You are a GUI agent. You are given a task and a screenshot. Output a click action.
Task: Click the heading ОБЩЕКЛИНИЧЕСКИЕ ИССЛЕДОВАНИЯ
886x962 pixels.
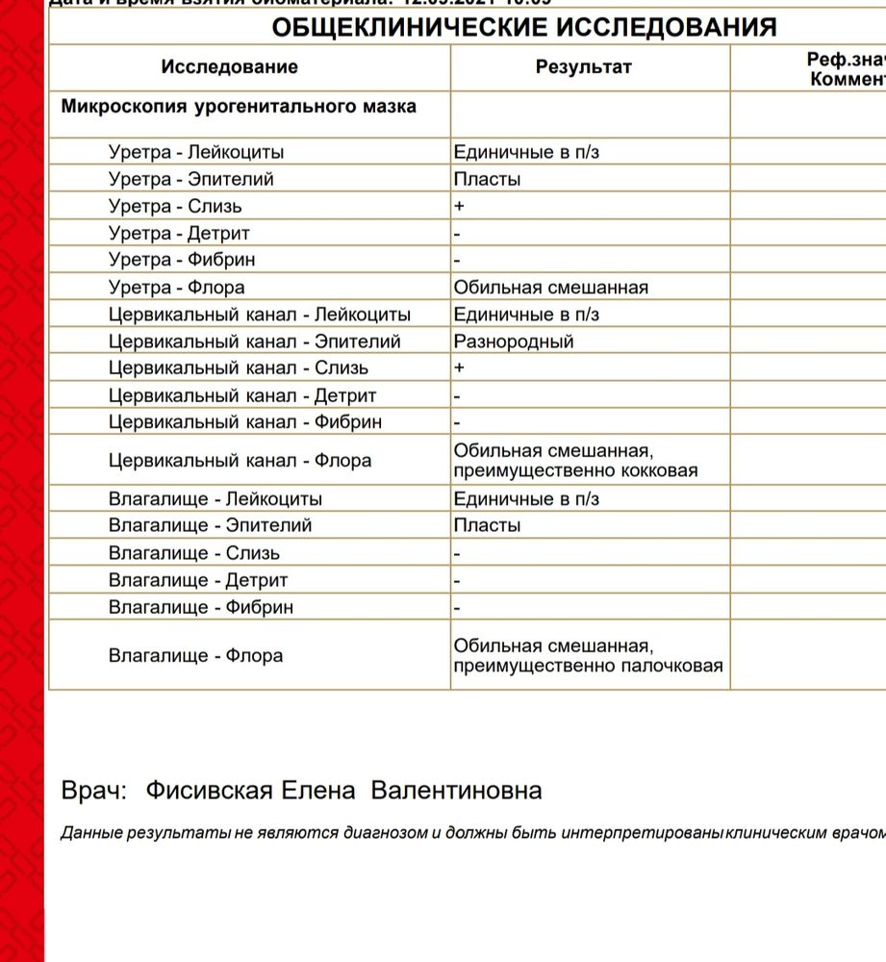coord(524,27)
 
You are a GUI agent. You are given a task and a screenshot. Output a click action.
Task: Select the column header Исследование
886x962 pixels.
coord(229,67)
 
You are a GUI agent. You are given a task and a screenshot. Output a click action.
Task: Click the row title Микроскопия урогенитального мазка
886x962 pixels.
coord(239,106)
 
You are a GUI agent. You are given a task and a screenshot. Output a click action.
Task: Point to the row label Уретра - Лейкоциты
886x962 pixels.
coord(196,152)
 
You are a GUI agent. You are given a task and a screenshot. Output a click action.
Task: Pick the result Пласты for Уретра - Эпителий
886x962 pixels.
coord(487,179)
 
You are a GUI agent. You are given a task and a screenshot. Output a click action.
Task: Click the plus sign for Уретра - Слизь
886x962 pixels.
coord(459,206)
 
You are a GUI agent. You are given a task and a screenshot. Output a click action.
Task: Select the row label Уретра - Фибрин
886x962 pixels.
coord(182,260)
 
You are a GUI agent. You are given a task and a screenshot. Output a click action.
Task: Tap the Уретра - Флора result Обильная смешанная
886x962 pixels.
coord(550,287)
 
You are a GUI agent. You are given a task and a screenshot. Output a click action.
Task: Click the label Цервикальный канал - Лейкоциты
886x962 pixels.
coord(260,315)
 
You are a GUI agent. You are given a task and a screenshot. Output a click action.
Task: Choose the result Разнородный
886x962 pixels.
coord(513,342)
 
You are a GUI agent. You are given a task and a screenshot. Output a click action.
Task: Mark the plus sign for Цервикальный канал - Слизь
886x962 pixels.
coord(459,368)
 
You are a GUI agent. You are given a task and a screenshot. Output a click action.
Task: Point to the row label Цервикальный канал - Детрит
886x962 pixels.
coord(242,395)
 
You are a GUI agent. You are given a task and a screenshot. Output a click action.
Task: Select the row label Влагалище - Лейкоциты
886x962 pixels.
coord(215,499)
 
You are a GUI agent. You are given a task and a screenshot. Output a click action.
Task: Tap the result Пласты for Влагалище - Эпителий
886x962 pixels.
coord(487,526)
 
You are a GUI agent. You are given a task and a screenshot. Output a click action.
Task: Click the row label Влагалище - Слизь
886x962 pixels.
coord(194,553)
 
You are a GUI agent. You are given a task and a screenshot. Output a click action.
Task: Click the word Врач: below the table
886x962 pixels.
coord(93,791)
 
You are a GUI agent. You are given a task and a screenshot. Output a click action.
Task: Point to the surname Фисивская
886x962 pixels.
coord(209,791)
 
